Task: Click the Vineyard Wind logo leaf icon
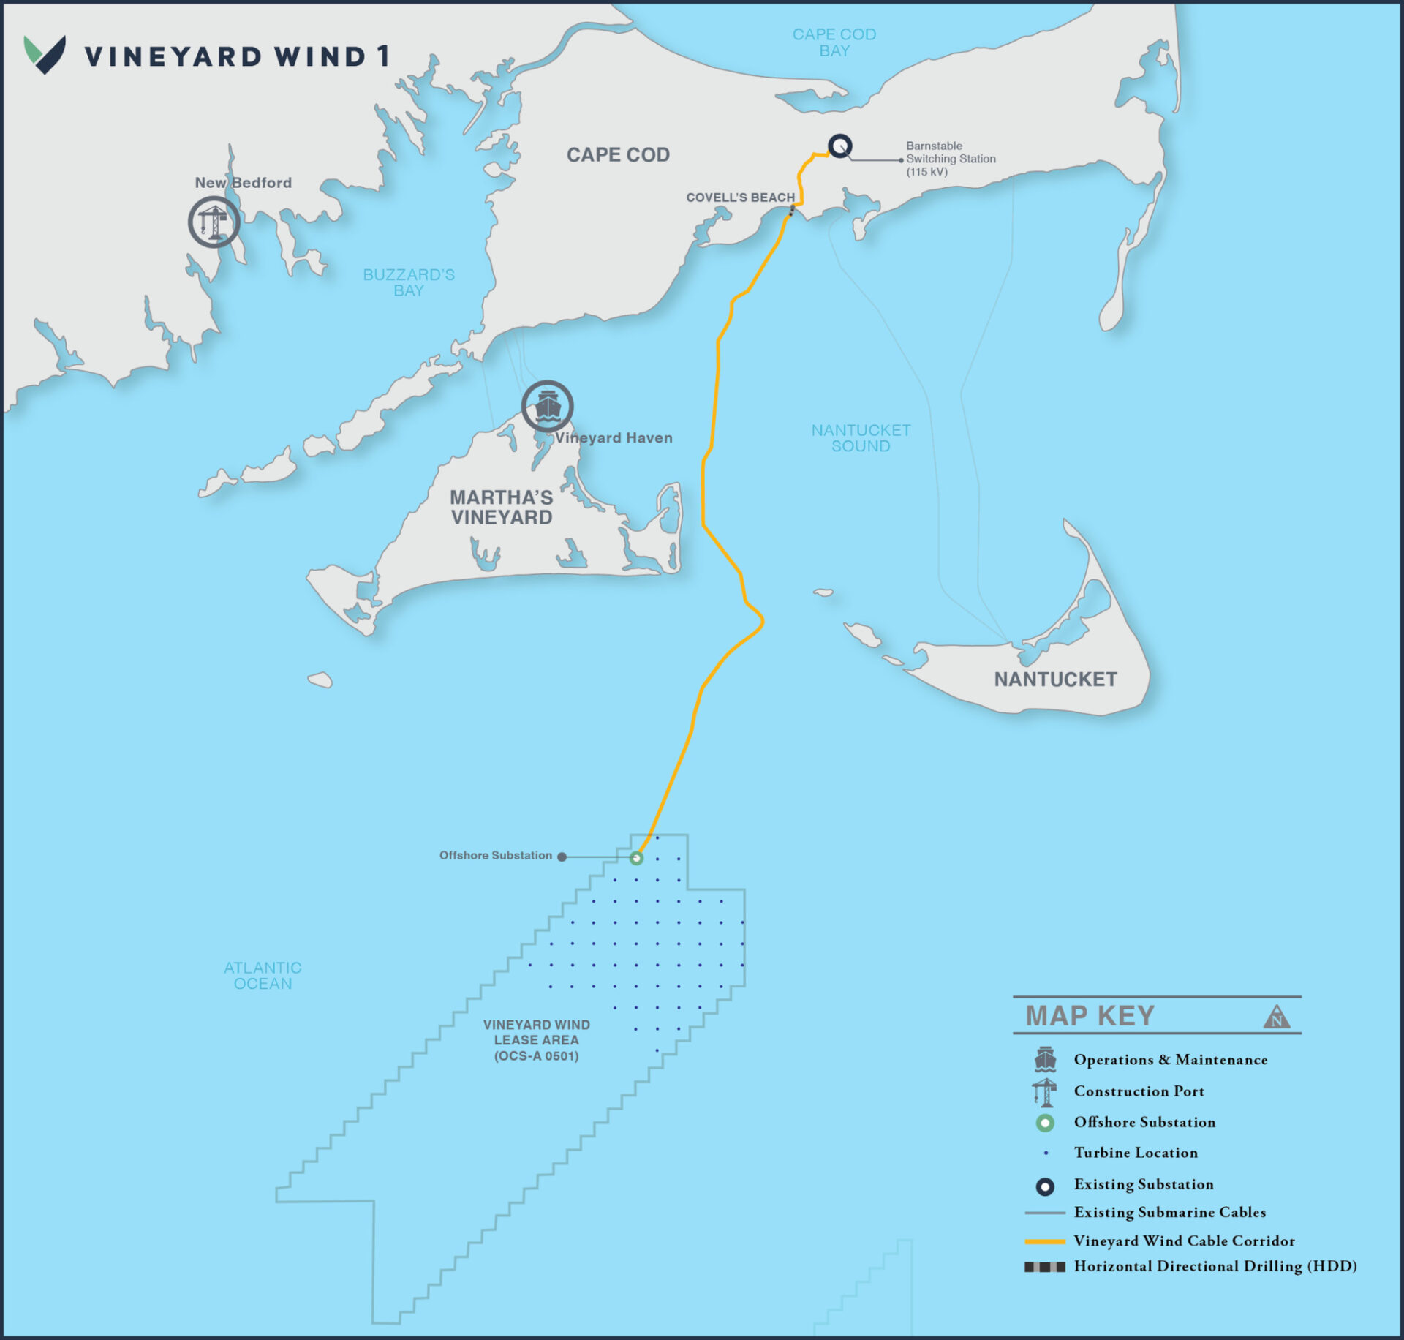pos(45,55)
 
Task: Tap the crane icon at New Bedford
pos(214,222)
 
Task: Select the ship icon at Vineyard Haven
pos(547,406)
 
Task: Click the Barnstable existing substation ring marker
pos(839,146)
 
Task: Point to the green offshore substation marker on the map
pos(636,858)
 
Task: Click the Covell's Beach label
pos(739,197)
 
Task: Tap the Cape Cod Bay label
pos(834,42)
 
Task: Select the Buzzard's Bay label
pos(409,282)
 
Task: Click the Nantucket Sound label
pos(861,438)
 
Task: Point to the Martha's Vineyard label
pos(502,507)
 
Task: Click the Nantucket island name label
pos(1054,680)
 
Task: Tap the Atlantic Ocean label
pos(263,976)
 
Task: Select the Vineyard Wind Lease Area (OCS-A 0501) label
pos(536,1040)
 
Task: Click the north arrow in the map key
pos(1276,1017)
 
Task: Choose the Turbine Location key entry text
pos(1135,1153)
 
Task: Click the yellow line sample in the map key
pos(1044,1241)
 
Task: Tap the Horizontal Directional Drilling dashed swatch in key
pos(1044,1267)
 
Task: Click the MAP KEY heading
pos(1090,1016)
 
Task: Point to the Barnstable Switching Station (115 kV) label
pos(950,159)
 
